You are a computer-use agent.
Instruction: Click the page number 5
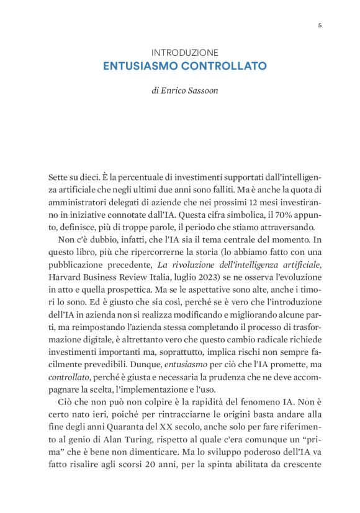coord(320,25)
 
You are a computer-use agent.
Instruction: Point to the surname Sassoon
coord(203,90)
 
